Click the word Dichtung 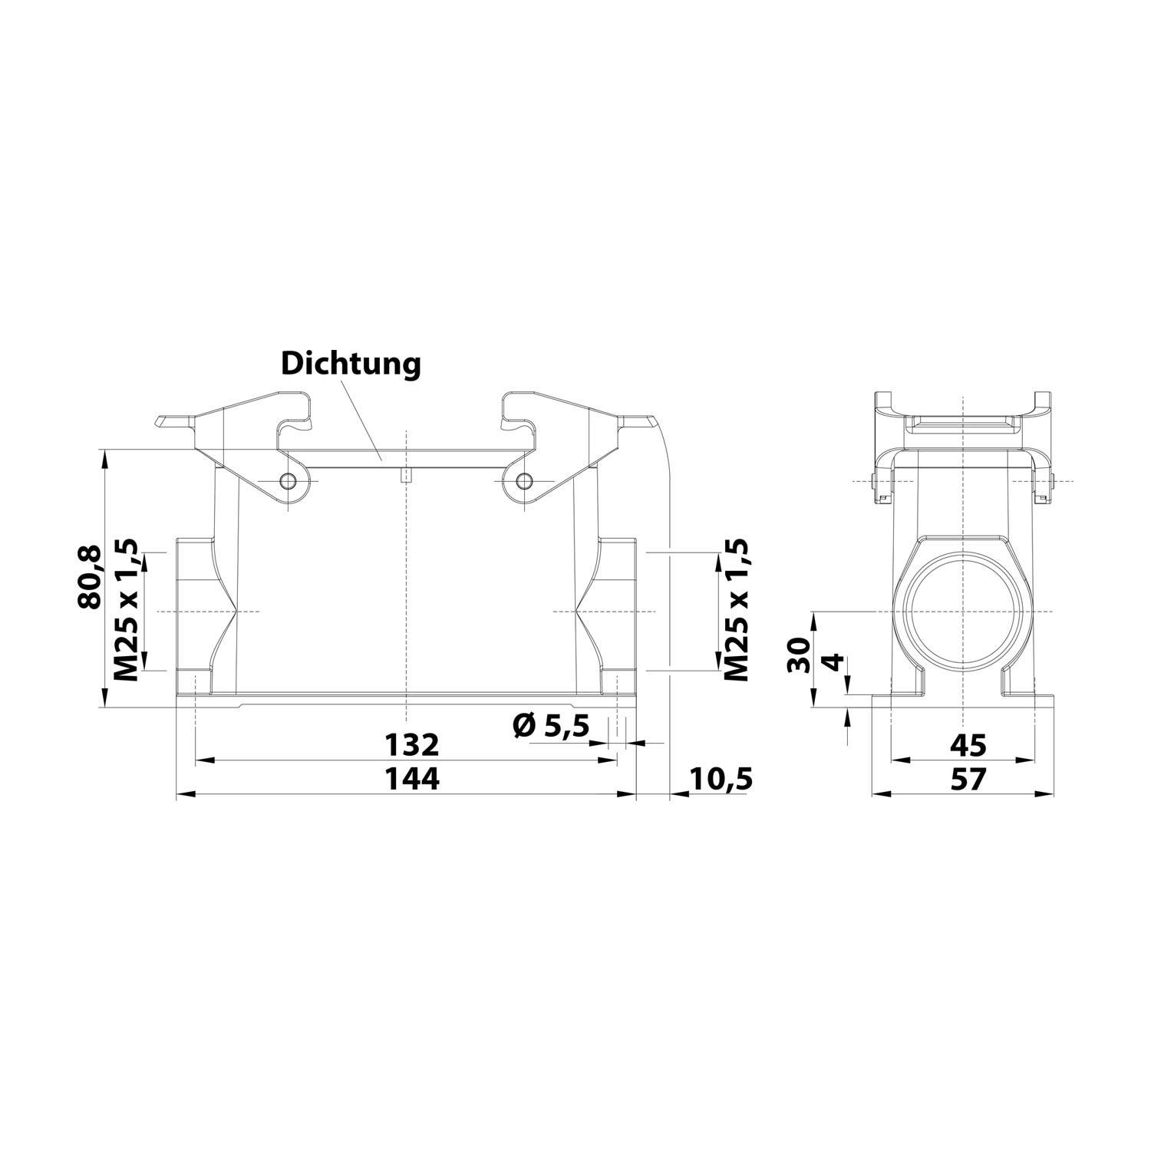click(x=351, y=364)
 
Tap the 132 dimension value click(x=411, y=744)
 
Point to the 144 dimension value click(x=411, y=779)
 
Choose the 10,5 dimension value click(x=721, y=779)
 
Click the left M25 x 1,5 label click(x=126, y=610)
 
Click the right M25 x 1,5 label click(x=736, y=610)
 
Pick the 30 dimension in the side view click(x=799, y=655)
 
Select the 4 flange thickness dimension click(x=833, y=662)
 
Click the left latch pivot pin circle click(x=289, y=481)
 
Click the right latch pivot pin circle click(x=523, y=481)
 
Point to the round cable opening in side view click(x=963, y=612)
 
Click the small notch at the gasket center click(x=406, y=476)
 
